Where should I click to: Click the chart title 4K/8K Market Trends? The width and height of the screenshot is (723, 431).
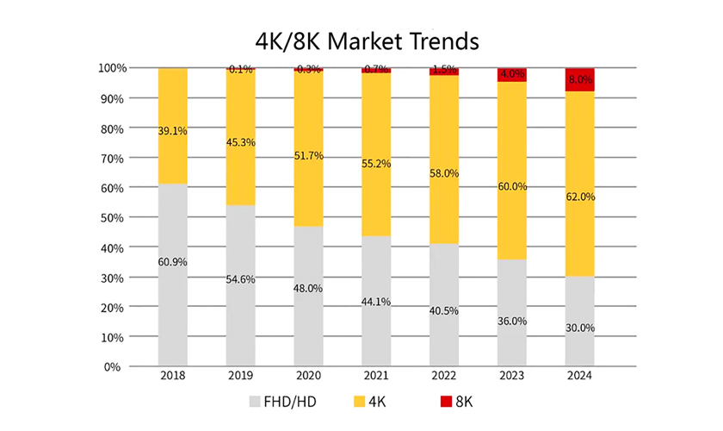361,41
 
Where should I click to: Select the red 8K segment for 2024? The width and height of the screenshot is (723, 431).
579,79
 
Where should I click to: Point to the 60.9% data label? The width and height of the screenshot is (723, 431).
172,262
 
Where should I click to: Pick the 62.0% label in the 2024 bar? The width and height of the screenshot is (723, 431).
580,197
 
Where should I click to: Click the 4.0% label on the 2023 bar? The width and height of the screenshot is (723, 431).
512,74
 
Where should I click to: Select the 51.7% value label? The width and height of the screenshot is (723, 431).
308,155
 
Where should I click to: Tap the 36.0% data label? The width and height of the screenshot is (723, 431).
512,321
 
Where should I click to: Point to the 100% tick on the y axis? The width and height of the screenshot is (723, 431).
112,67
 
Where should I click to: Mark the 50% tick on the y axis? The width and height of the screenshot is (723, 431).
115,217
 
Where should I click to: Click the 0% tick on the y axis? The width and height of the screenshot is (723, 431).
119,366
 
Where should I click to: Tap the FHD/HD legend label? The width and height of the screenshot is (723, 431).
290,401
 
